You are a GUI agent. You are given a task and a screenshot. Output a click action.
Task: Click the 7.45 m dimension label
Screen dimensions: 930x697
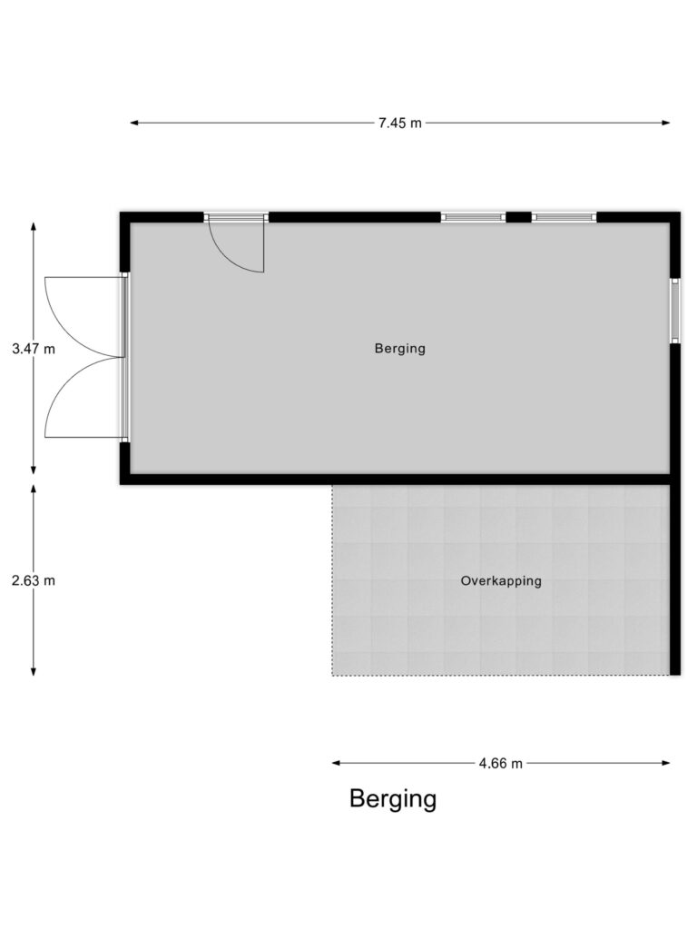(x=399, y=123)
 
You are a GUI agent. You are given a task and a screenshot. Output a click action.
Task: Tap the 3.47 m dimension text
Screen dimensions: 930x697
(x=34, y=348)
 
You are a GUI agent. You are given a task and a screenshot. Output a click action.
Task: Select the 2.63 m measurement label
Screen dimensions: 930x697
(x=34, y=579)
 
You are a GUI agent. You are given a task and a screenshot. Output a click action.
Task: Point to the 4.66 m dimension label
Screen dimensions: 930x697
(x=500, y=763)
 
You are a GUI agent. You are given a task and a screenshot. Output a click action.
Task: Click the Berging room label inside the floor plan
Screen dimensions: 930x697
(x=399, y=348)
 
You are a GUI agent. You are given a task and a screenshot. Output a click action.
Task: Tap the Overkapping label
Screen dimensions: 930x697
(x=500, y=580)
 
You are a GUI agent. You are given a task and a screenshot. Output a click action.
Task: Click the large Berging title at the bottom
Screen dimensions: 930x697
(x=393, y=799)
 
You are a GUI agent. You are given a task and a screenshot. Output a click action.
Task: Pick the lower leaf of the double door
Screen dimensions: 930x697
(x=84, y=398)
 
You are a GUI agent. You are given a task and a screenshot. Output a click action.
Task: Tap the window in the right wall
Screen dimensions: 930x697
(x=674, y=311)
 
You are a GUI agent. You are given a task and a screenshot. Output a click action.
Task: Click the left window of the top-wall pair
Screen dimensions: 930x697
(x=473, y=217)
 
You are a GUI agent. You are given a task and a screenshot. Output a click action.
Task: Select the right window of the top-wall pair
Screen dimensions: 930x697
(x=564, y=217)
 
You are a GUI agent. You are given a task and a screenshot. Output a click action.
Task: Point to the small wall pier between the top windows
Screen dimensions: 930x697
(x=518, y=217)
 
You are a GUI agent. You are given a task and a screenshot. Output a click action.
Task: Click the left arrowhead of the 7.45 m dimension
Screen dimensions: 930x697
(x=134, y=123)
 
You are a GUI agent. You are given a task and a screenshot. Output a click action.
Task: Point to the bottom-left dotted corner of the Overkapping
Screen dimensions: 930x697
(x=333, y=675)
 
